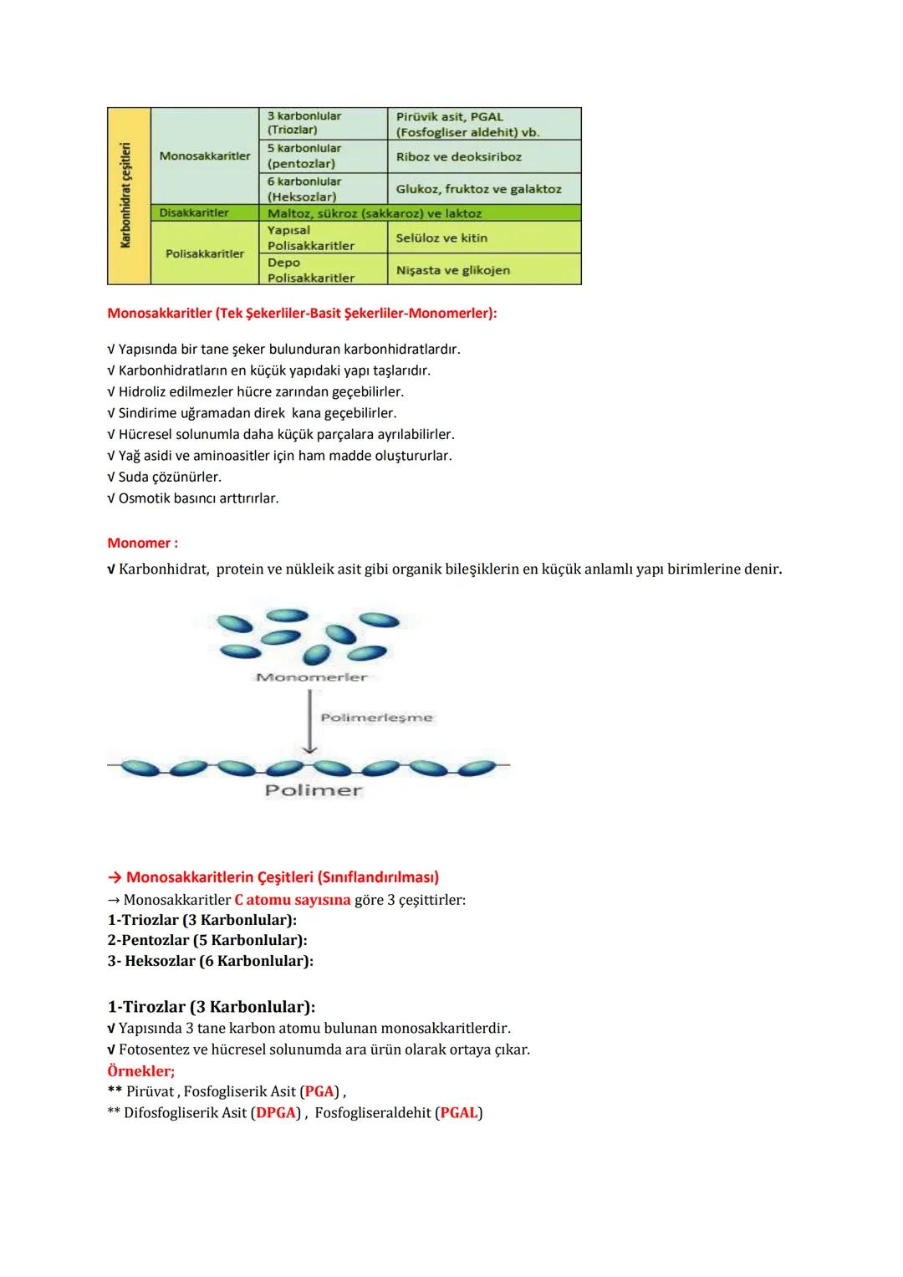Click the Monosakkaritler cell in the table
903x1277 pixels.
pyautogui.click(x=205, y=156)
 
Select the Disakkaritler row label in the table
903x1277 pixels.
pyautogui.click(x=194, y=213)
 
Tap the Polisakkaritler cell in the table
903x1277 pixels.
pyautogui.click(x=205, y=253)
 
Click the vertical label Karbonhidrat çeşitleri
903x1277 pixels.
pyautogui.click(x=127, y=195)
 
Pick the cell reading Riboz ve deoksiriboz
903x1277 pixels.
pyautogui.click(x=458, y=156)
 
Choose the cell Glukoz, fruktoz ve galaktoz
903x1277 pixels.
pyautogui.click(x=478, y=189)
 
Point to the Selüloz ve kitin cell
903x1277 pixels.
pyautogui.click(x=441, y=238)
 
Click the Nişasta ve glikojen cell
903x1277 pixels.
pyautogui.click(x=452, y=270)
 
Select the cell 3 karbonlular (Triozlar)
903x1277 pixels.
pyautogui.click(x=304, y=123)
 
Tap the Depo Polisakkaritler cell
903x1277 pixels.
pyautogui.click(x=311, y=270)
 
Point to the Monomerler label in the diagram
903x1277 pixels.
pyautogui.click(x=311, y=677)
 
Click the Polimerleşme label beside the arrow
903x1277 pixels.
pyautogui.click(x=376, y=718)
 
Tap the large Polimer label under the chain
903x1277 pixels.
pyautogui.click(x=314, y=790)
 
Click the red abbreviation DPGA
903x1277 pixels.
pyautogui.click(x=275, y=1112)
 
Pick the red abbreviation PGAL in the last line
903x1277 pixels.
pyautogui.click(x=459, y=1112)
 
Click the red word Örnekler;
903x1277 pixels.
pyautogui.click(x=141, y=1070)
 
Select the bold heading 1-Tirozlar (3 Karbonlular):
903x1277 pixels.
pyautogui.click(x=212, y=1006)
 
